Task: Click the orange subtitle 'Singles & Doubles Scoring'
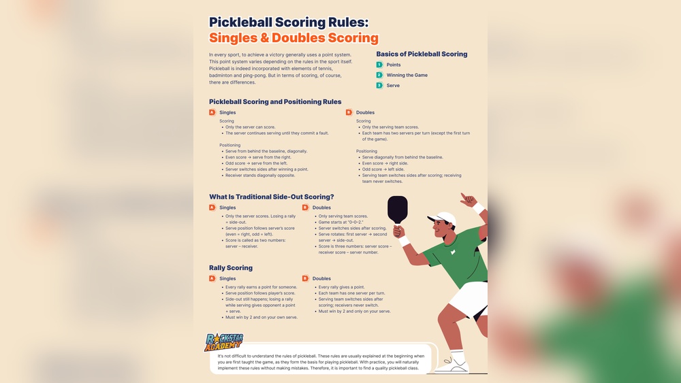294,38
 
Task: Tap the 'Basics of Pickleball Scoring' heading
422,54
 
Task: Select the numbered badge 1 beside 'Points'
379,65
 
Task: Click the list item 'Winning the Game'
407,75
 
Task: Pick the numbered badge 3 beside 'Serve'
379,85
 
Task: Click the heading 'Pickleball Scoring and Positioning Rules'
275,101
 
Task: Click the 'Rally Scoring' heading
231,267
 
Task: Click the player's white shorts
470,299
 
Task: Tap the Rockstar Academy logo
224,342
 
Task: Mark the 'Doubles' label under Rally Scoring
321,278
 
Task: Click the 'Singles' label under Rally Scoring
227,278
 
